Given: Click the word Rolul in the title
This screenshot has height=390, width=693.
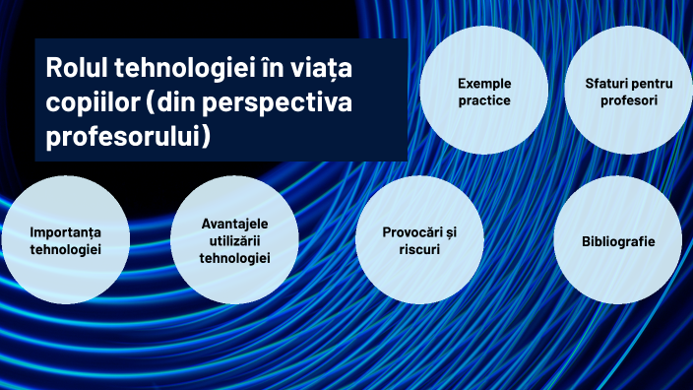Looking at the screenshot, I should coord(77,71).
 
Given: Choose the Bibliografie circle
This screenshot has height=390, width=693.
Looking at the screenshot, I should coord(617,241).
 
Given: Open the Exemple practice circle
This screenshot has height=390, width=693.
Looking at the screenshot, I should coord(483,91).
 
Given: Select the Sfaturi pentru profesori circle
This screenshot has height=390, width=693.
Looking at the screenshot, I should coord(621,91).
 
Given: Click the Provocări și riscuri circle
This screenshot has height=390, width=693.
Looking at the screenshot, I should coord(419,241).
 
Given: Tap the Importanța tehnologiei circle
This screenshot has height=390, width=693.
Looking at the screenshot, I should coord(65,241).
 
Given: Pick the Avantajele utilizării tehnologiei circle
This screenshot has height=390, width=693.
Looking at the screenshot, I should coord(234,241).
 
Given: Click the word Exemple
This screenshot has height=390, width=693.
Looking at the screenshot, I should coord(484,83).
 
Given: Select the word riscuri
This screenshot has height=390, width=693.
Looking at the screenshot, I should coord(419,250).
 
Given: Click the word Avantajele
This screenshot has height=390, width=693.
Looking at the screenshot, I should coord(234,224).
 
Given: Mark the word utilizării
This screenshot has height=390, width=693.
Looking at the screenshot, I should coord(234,240).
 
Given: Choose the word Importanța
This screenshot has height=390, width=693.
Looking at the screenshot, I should coord(65,233).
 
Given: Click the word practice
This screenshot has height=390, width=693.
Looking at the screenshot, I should coord(484,99).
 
